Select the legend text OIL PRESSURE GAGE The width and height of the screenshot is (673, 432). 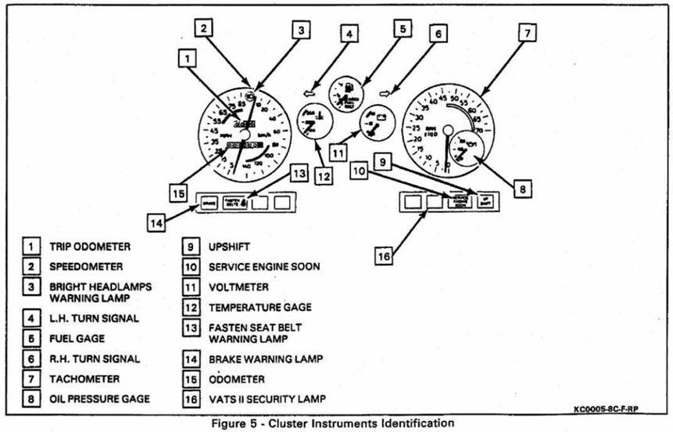coord(99,399)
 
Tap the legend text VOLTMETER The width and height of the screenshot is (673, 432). coord(238,287)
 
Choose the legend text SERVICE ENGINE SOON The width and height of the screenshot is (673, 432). coord(264,267)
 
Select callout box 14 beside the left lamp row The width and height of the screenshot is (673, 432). coord(158,221)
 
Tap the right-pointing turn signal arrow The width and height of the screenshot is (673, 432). coord(384,92)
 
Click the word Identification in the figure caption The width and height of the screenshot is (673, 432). coord(411,423)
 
